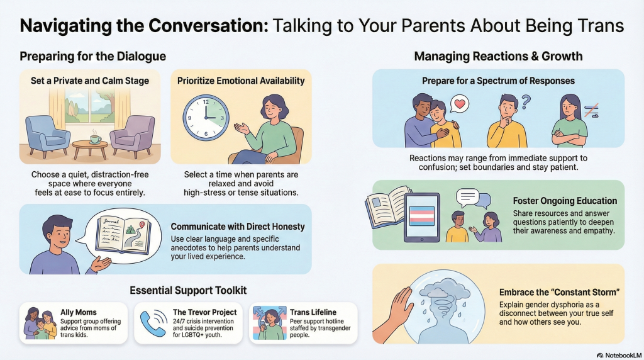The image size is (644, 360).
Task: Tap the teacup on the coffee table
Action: [95, 139]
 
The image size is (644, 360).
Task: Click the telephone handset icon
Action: [153, 323]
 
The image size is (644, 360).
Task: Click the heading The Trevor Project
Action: [204, 312]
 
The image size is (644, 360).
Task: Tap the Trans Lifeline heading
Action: [313, 312]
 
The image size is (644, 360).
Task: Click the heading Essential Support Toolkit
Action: [188, 290]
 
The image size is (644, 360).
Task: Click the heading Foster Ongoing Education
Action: [565, 201]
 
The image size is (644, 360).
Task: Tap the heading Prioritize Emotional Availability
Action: [241, 81]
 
